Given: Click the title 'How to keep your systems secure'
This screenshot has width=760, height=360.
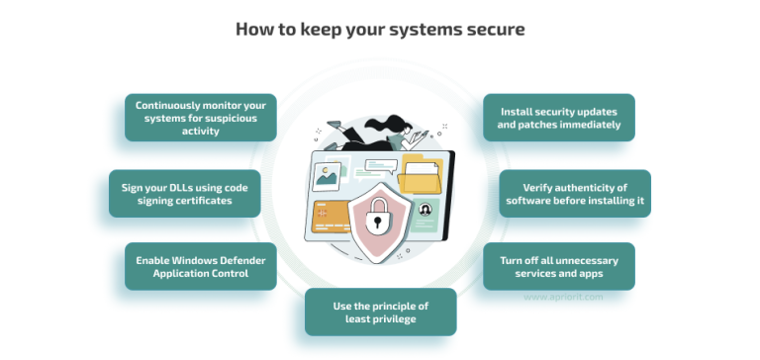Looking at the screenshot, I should tap(380, 29).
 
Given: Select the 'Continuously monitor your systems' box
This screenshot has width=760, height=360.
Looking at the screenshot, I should tap(201, 118).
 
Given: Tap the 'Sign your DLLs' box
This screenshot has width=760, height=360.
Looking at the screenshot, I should tap(185, 193).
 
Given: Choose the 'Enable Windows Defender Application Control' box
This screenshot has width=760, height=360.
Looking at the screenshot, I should tap(201, 266).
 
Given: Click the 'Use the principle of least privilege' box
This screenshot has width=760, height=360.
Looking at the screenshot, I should tap(380, 312).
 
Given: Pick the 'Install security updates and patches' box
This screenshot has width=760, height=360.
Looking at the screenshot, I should tap(559, 118).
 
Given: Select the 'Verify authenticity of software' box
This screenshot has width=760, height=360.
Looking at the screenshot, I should tap(575, 193).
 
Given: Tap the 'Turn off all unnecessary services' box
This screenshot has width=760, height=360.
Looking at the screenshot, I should tap(559, 266).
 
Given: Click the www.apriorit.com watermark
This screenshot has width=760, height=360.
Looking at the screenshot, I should tap(563, 296).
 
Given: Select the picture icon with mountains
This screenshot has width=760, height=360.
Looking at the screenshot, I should tap(326, 177).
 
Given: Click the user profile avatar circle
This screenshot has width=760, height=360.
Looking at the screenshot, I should tap(426, 211).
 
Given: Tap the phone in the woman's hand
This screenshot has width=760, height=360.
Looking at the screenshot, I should tap(420, 137).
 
